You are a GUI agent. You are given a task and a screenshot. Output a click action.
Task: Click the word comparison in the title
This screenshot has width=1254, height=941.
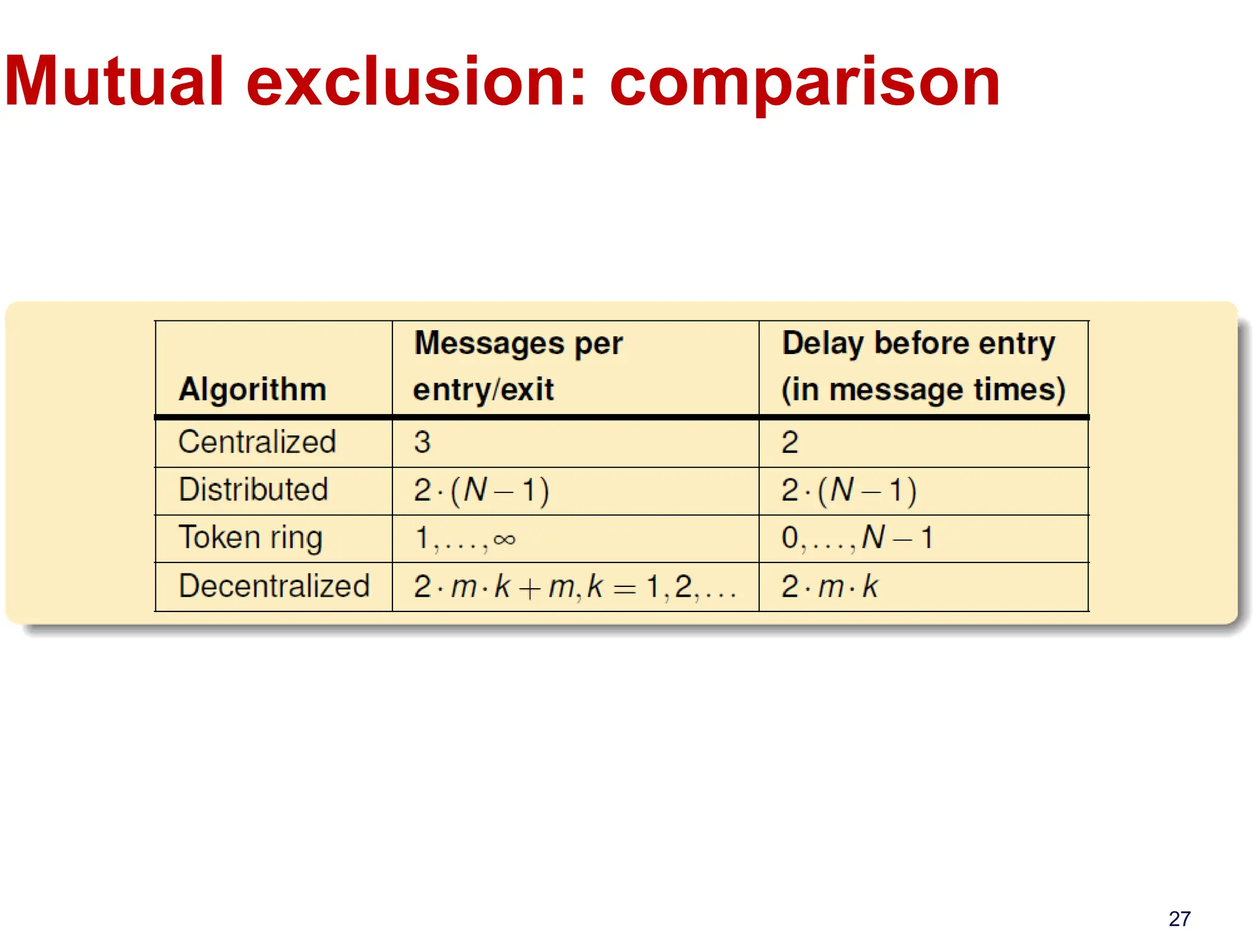pyautogui.click(x=805, y=83)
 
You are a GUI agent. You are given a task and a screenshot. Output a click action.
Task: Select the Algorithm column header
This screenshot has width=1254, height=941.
pyautogui.click(x=252, y=390)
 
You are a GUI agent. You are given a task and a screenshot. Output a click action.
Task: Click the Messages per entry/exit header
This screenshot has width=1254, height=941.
pyautogui.click(x=517, y=366)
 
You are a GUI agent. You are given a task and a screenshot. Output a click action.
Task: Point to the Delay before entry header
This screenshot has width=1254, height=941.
pyautogui.click(x=918, y=343)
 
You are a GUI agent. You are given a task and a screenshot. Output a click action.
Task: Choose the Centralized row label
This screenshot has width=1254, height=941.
pyautogui.click(x=257, y=442)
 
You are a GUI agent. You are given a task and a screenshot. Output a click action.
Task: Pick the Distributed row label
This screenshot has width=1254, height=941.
pyautogui.click(x=253, y=489)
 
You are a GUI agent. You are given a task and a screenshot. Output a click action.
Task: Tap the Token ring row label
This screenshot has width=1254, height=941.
pyautogui.click(x=250, y=538)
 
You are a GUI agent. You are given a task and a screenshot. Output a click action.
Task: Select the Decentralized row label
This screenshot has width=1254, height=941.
pyautogui.click(x=274, y=586)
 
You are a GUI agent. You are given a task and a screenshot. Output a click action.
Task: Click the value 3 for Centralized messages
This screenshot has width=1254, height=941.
pyautogui.click(x=422, y=442)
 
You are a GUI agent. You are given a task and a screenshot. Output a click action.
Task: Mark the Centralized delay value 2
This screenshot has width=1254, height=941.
pyautogui.click(x=790, y=442)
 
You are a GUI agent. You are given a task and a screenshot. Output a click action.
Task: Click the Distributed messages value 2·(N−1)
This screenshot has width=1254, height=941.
pyautogui.click(x=481, y=490)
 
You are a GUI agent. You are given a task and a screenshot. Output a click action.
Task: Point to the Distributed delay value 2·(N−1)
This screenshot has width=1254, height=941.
pyautogui.click(x=849, y=490)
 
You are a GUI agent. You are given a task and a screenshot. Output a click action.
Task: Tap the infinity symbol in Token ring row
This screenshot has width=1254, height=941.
pyautogui.click(x=505, y=539)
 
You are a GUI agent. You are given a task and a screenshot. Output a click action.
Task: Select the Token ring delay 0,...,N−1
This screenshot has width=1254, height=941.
pyautogui.click(x=857, y=538)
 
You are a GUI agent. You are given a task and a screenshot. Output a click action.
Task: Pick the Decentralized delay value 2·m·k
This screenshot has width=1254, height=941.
pyautogui.click(x=830, y=586)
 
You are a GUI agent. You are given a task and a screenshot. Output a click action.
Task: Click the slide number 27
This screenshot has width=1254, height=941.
pyautogui.click(x=1179, y=918)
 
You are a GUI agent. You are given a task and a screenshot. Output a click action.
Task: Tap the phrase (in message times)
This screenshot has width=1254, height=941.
pyautogui.click(x=923, y=390)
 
